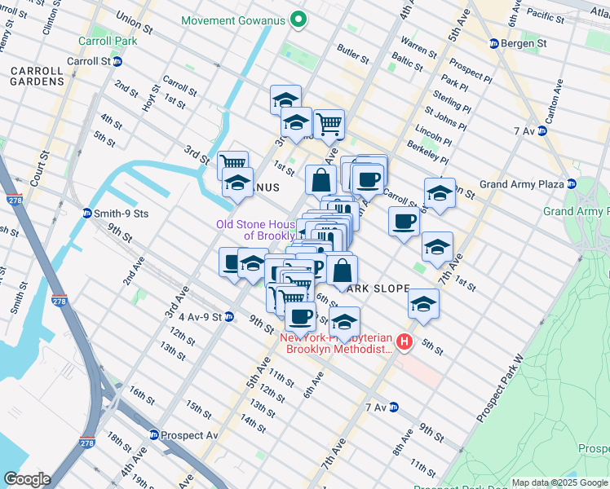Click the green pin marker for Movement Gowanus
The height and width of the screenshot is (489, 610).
298,20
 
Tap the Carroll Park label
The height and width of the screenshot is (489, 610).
101,41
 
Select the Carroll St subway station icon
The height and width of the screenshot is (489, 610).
117,61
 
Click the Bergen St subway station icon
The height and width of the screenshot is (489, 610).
493,43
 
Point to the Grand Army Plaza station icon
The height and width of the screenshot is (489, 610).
571,184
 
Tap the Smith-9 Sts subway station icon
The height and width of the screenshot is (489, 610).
86,214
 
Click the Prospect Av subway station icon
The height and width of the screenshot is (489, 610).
153,435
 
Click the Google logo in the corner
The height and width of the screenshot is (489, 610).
27,478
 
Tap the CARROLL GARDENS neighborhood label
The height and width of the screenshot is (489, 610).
38,76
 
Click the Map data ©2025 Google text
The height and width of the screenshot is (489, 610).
559,483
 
